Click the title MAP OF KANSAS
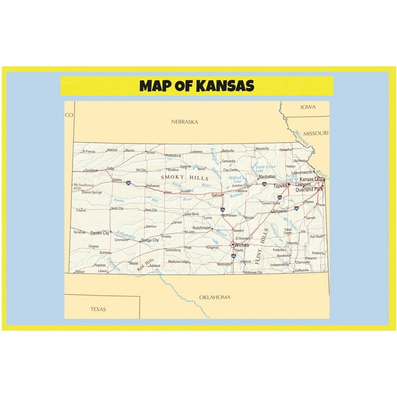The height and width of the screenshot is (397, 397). (197, 86)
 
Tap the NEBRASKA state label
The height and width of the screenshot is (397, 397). (184, 122)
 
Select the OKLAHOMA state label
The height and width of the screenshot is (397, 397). (215, 297)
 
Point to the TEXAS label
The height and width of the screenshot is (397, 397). (98, 308)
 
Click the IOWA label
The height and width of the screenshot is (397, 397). (308, 107)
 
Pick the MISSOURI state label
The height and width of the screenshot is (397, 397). (316, 133)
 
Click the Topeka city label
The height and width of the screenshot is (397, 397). (280, 185)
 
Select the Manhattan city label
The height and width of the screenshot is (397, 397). (267, 176)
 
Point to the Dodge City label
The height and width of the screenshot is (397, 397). (150, 240)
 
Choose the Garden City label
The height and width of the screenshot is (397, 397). (100, 233)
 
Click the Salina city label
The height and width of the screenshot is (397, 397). (217, 195)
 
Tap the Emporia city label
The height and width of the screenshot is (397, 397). (280, 211)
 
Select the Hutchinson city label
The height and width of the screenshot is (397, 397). (202, 228)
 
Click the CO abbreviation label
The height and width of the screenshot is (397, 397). (69, 115)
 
